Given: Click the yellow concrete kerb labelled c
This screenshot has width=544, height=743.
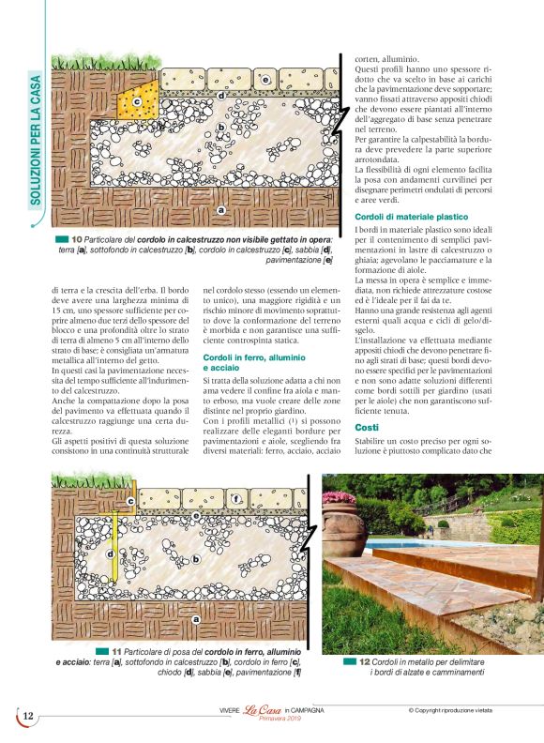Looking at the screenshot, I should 138,99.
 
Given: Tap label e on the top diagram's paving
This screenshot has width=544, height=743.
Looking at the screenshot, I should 266,81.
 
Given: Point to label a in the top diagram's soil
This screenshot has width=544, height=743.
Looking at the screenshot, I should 220,209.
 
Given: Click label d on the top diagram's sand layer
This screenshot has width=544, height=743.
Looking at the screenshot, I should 221,96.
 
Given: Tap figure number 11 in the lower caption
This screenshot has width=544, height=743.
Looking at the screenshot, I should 117,650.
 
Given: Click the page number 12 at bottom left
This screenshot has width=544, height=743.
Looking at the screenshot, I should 28,716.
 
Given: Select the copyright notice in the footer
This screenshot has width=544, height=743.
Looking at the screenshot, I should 463,710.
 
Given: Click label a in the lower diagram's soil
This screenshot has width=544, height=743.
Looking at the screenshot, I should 195,619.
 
